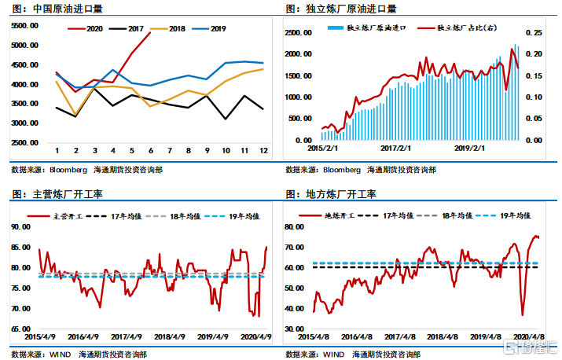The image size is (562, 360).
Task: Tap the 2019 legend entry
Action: tap(210, 29)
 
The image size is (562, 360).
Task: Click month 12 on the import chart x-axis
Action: tap(262, 150)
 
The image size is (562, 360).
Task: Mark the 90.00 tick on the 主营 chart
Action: tap(26, 226)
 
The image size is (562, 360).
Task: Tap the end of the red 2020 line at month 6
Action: tap(150, 33)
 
